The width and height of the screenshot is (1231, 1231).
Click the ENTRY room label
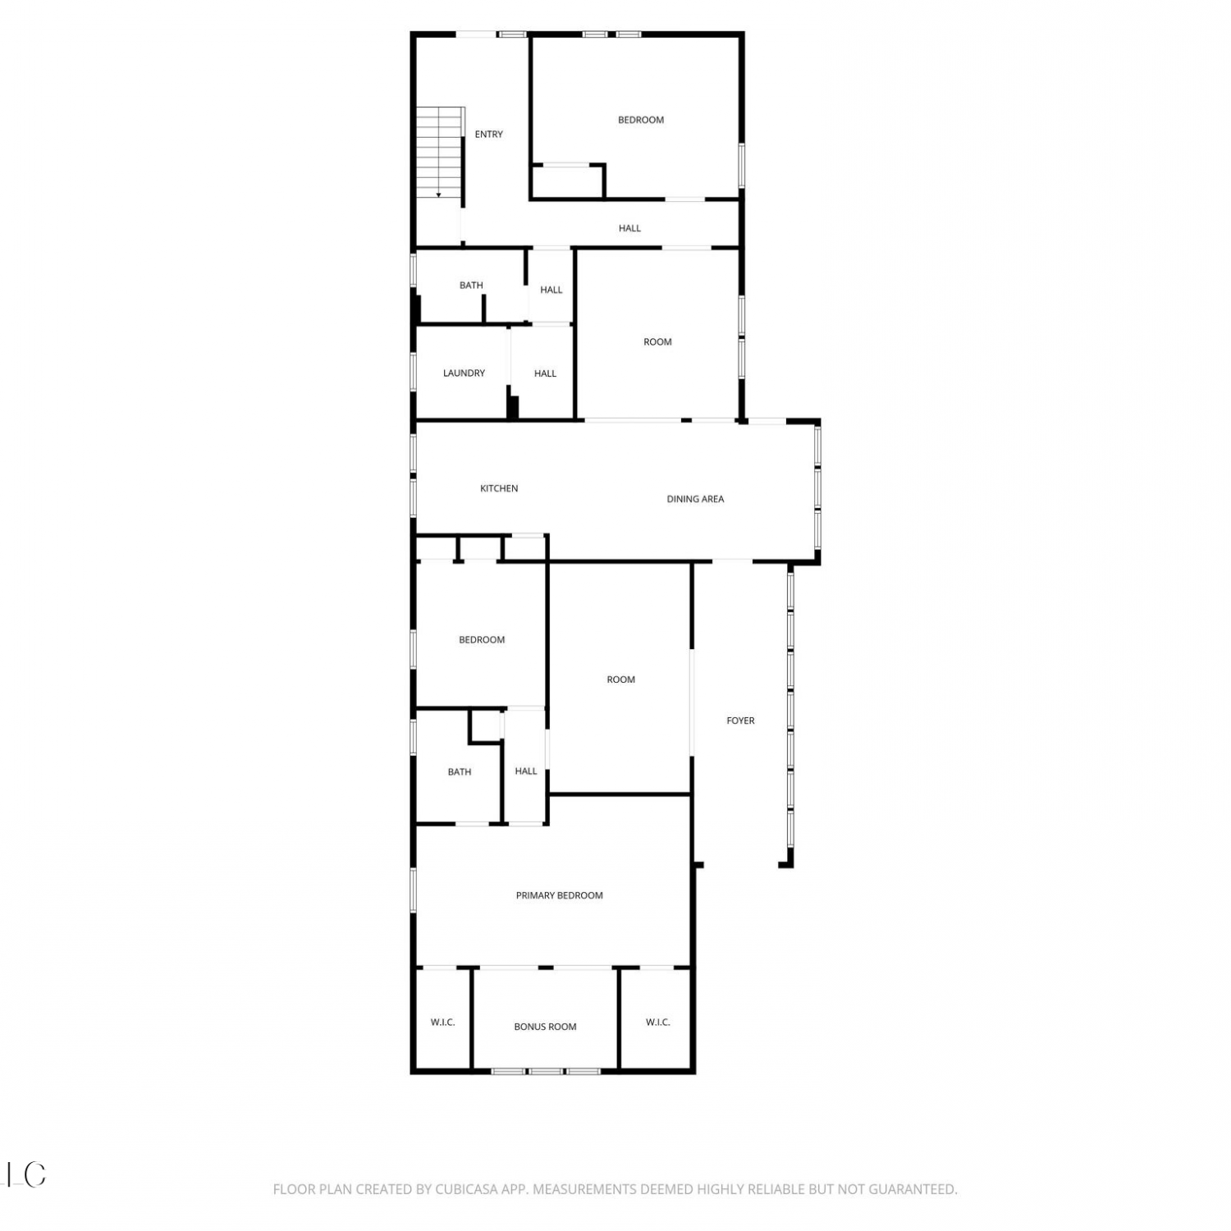click(x=488, y=135)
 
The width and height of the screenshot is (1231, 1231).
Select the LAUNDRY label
click(x=464, y=373)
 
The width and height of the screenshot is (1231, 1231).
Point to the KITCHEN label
click(x=499, y=488)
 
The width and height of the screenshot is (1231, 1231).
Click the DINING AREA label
click(x=695, y=499)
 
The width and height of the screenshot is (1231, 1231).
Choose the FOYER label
click(x=740, y=721)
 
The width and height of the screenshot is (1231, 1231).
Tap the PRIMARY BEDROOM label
click(x=559, y=895)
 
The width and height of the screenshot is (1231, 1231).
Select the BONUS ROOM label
click(x=545, y=1027)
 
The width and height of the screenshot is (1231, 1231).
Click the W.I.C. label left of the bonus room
click(x=442, y=1023)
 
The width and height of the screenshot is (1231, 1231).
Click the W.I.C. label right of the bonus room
click(x=657, y=1023)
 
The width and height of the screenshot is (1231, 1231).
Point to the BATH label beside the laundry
click(x=471, y=286)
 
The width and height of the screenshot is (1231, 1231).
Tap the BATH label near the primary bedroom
click(x=460, y=772)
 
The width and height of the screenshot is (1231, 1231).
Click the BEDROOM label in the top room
click(x=641, y=120)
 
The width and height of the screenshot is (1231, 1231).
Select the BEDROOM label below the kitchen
click(x=482, y=640)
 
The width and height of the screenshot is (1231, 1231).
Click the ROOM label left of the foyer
click(x=621, y=680)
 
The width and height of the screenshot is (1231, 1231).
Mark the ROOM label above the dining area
click(x=657, y=342)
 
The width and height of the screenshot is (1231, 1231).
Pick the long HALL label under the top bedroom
click(x=629, y=229)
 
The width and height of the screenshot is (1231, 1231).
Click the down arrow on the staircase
click(x=439, y=194)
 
